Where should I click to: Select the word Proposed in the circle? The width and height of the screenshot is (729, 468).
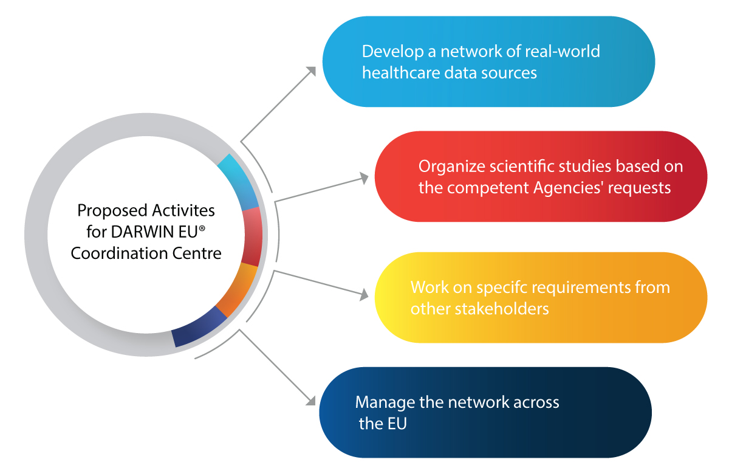[103, 210]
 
